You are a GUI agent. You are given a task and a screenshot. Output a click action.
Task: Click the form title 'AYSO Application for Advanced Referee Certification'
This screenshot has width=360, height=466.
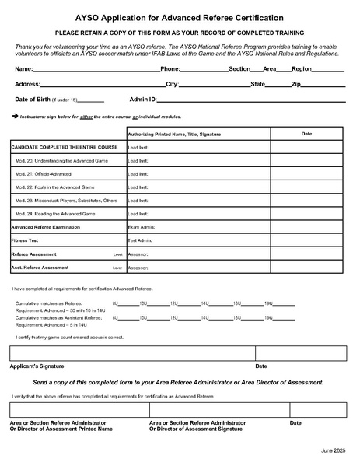click(x=180, y=16)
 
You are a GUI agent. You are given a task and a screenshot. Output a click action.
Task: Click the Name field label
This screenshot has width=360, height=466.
click(x=24, y=69)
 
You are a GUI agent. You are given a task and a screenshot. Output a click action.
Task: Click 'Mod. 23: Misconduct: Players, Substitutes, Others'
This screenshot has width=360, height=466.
click(x=66, y=200)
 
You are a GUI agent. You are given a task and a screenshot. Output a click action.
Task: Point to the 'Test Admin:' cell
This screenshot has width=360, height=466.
click(x=139, y=240)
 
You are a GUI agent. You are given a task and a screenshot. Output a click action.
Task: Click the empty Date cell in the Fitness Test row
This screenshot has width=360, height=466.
click(x=307, y=240)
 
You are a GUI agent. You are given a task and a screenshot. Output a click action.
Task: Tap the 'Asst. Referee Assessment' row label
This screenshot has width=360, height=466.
click(x=40, y=267)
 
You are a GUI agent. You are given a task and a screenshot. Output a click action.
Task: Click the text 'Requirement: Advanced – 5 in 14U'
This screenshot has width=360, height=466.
click(x=51, y=324)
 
